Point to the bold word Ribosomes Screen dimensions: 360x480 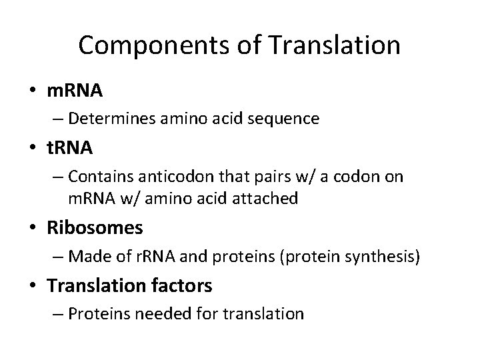click(x=95, y=228)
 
